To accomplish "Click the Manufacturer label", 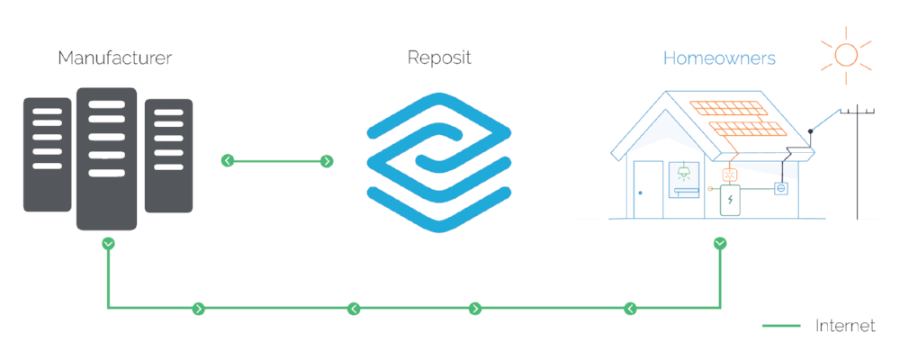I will point(114,58).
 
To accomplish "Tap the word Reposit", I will point(438,58).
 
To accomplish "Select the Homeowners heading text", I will point(719,58).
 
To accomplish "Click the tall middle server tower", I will point(107,157).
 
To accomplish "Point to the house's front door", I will point(647,189).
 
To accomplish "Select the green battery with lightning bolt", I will point(731,200).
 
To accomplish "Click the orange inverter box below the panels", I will point(731,175).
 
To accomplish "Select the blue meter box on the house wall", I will point(781,189).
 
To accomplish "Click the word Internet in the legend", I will point(845,326).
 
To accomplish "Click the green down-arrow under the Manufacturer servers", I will point(108,243).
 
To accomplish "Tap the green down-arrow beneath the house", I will point(720,243).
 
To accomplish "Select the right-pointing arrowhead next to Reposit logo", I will point(327,161).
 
